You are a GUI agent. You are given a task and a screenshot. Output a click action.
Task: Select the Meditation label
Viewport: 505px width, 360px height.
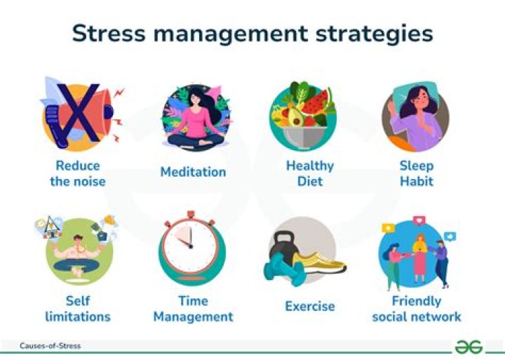click(x=193, y=172)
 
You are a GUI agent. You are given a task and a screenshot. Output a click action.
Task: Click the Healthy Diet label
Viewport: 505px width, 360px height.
click(x=309, y=173)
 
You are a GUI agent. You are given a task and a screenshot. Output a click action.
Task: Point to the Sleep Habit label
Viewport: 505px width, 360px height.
click(x=417, y=173)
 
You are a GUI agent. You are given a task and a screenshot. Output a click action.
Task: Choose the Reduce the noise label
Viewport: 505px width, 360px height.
click(x=78, y=173)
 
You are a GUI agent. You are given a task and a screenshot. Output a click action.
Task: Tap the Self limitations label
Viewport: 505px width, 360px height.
click(x=78, y=309)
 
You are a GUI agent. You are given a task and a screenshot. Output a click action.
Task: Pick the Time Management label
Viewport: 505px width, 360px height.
click(x=193, y=309)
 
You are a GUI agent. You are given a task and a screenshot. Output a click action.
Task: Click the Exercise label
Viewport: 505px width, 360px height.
click(x=309, y=307)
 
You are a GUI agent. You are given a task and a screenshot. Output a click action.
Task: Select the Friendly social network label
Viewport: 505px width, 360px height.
click(x=417, y=309)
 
